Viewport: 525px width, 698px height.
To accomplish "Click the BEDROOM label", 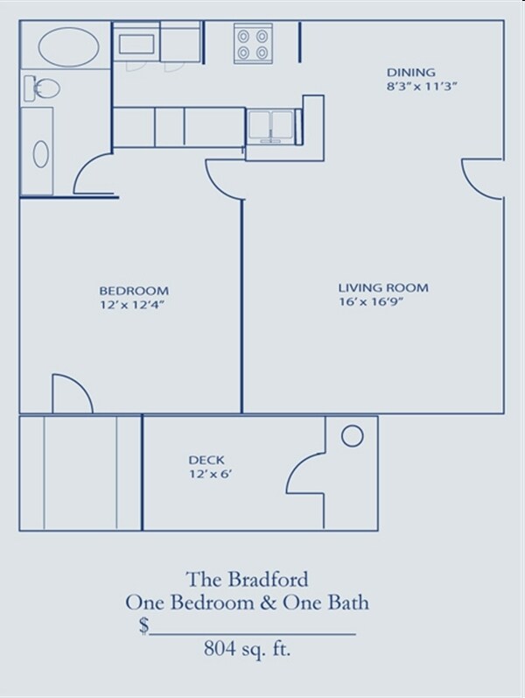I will (x=134, y=291).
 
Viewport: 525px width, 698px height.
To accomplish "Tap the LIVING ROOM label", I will (x=383, y=287).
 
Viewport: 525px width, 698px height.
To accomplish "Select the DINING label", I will (x=411, y=72).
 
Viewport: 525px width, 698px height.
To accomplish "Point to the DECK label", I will (x=206, y=460).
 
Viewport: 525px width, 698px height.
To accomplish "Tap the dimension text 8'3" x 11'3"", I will (x=423, y=86).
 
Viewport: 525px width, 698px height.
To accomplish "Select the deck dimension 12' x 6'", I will (x=210, y=475).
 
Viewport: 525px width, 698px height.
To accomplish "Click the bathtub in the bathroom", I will (x=65, y=46).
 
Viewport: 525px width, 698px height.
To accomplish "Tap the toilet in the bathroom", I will (x=41, y=88).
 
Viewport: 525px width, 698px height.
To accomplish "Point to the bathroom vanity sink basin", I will (x=41, y=153).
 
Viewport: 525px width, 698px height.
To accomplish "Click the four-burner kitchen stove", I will (x=253, y=44).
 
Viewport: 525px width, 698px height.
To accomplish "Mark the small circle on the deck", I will (x=352, y=435).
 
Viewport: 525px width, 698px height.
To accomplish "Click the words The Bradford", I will (x=246, y=579).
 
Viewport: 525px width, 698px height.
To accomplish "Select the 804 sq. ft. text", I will (x=247, y=649).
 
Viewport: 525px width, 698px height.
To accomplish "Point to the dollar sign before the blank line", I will (x=143, y=625).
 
